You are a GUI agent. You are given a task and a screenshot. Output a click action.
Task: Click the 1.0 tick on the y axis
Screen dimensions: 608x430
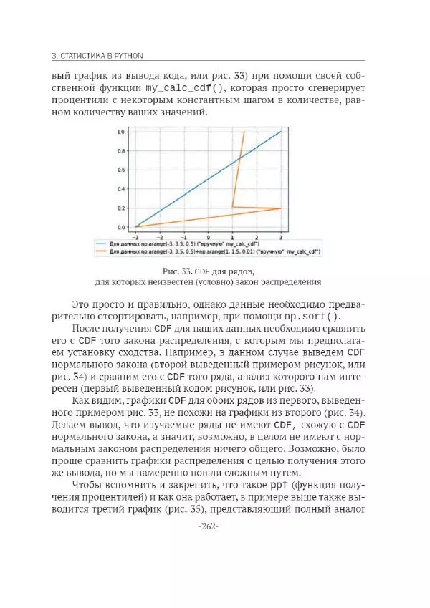click(121, 132)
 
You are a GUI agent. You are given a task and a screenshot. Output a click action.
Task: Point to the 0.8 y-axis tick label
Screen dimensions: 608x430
click(121, 150)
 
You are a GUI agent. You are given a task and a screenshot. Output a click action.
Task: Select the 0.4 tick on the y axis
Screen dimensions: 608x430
click(121, 188)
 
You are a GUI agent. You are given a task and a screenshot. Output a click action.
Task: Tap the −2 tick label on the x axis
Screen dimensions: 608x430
click(159, 236)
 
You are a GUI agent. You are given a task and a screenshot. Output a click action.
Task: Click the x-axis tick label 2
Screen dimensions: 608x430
click(256, 236)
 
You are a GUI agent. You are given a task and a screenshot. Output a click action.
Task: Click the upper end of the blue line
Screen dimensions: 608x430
click(280, 132)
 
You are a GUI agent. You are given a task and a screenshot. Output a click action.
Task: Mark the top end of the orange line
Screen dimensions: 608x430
click(244, 132)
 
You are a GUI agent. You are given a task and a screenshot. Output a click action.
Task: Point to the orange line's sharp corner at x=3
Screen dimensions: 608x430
click(280, 208)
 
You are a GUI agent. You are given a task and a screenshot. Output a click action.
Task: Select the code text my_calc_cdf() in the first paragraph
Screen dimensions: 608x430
click(187, 88)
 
